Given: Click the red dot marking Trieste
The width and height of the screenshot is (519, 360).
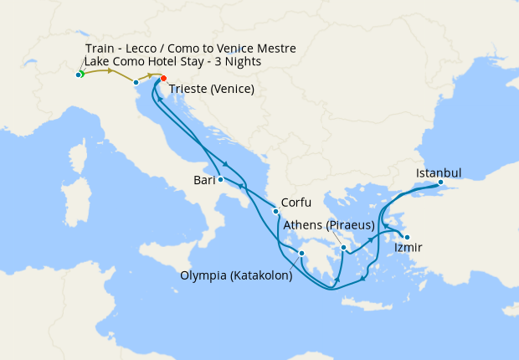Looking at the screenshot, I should [x=163, y=80].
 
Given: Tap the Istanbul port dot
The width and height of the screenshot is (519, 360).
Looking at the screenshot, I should [x=440, y=183].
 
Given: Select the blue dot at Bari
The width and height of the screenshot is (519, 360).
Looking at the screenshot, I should [x=220, y=179].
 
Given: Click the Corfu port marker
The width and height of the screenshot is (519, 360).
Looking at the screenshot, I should [x=275, y=210].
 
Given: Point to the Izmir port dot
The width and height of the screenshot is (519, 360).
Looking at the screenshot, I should [x=406, y=236].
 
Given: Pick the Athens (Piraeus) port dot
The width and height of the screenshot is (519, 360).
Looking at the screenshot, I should [x=344, y=247].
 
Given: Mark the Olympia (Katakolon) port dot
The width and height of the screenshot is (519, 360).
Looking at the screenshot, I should [x=301, y=254].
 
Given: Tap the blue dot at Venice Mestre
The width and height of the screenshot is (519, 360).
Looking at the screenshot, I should [x=136, y=82].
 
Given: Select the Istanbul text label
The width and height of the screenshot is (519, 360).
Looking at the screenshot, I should [x=439, y=173].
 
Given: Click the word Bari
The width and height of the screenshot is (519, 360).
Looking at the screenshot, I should [x=203, y=179].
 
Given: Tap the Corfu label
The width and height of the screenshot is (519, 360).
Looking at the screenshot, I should [x=298, y=203].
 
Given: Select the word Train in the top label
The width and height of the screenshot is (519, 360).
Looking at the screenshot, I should [x=101, y=49].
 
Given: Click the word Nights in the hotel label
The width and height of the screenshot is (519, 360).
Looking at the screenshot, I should [x=243, y=62].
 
